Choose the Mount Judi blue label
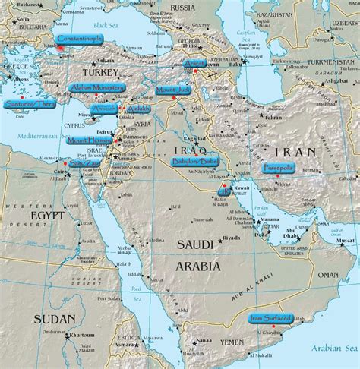pos(173,90)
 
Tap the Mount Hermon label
pos(88,140)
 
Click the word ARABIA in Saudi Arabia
pos(196,266)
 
